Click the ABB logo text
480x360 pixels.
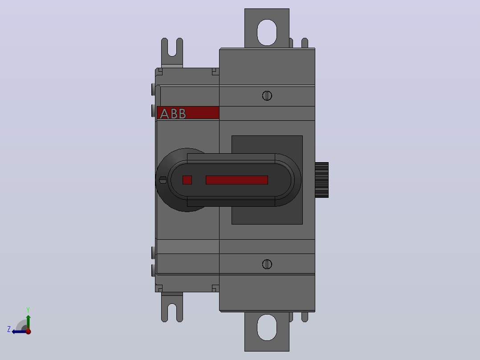click(173, 114)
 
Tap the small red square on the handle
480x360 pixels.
click(187, 180)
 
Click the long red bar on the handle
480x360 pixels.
click(237, 180)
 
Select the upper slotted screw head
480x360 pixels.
click(267, 96)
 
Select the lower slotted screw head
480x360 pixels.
click(267, 264)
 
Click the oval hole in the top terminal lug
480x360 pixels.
click(267, 33)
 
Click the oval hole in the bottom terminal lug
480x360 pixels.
click(267, 327)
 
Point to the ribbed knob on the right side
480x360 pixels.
click(322, 180)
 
